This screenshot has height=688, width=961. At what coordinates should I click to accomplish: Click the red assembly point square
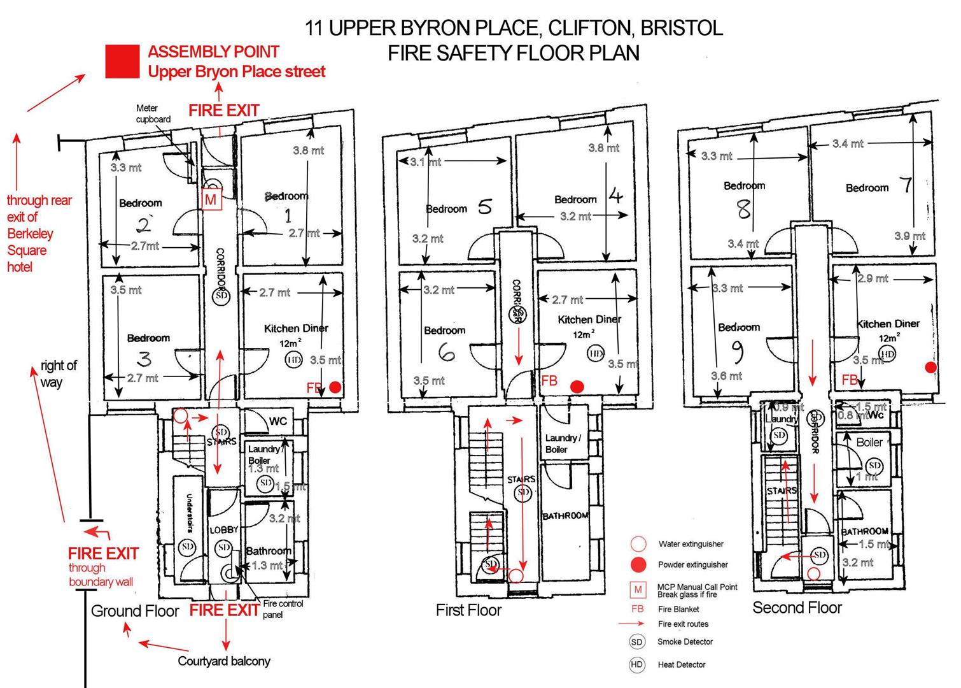tap(122, 62)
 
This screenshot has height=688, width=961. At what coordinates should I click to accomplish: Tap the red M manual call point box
tap(211, 199)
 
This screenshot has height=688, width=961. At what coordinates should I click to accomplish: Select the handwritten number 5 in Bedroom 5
tap(485, 206)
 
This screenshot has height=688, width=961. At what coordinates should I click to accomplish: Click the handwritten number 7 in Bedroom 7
tap(906, 185)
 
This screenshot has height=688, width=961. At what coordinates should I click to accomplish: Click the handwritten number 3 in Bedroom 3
tap(145, 359)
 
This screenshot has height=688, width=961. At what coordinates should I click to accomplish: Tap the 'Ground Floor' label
tap(135, 611)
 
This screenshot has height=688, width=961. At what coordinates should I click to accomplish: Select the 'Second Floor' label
tap(797, 608)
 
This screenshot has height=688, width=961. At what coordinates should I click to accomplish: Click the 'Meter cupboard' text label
tap(153, 114)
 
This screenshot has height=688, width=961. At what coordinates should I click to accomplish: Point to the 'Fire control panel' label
tap(283, 609)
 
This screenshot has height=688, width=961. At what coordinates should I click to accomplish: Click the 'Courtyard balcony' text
tap(224, 661)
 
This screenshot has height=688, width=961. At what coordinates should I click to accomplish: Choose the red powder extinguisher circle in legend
tap(638, 564)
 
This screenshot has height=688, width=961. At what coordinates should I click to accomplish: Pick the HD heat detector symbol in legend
tap(636, 664)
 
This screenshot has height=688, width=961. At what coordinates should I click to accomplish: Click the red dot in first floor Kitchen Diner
tap(577, 387)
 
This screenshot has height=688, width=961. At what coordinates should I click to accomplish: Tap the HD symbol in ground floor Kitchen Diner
tap(293, 359)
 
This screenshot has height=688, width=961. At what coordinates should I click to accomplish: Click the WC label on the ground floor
tap(278, 421)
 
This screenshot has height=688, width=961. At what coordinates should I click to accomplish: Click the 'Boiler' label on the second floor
tap(869, 442)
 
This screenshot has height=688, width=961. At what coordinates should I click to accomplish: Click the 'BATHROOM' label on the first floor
tap(565, 515)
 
